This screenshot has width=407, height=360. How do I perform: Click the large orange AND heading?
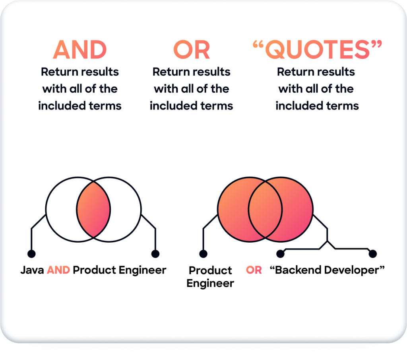(x=80, y=50)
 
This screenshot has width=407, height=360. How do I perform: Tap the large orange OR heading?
(x=192, y=50)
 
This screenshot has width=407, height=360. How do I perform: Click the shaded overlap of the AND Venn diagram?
(x=93, y=209)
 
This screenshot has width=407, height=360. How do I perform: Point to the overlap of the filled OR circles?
(x=265, y=209)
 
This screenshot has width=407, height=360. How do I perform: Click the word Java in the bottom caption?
(x=32, y=270)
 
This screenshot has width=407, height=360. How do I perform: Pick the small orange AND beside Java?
(x=58, y=270)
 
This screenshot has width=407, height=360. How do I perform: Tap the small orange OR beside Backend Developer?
(x=254, y=270)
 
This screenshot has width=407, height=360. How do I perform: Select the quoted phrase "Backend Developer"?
(x=327, y=270)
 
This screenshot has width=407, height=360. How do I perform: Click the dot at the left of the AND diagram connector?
(x=31, y=254)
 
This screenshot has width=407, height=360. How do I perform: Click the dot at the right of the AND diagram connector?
(x=155, y=254)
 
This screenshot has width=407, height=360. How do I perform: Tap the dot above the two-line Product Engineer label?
(x=203, y=254)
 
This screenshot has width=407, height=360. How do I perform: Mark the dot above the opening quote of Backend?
(x=280, y=254)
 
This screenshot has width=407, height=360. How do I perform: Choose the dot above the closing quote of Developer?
(x=373, y=254)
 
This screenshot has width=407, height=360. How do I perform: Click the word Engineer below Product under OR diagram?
(x=210, y=283)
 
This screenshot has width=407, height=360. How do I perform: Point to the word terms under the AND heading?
(x=105, y=106)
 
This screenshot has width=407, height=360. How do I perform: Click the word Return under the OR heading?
(x=168, y=72)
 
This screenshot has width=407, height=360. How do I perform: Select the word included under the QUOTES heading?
(x=299, y=106)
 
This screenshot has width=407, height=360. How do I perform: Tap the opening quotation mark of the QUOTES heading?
(x=258, y=45)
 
